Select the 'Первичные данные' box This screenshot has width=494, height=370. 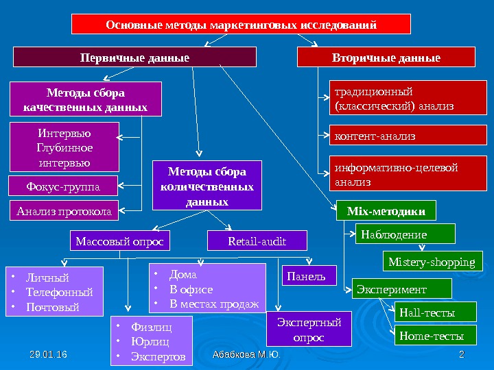(x=134, y=57)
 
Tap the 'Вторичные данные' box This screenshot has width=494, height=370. (x=386, y=57)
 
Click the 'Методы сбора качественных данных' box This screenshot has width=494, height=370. (x=85, y=99)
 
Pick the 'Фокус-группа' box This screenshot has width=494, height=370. (x=63, y=186)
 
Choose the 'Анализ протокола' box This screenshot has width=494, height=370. (x=63, y=212)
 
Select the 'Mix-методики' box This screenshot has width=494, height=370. (x=386, y=210)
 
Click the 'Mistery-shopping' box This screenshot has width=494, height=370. (x=432, y=262)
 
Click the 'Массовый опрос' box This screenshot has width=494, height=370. (x=120, y=241)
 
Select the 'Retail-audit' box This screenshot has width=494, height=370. (x=257, y=241)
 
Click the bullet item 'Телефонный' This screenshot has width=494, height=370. (x=59, y=292)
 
